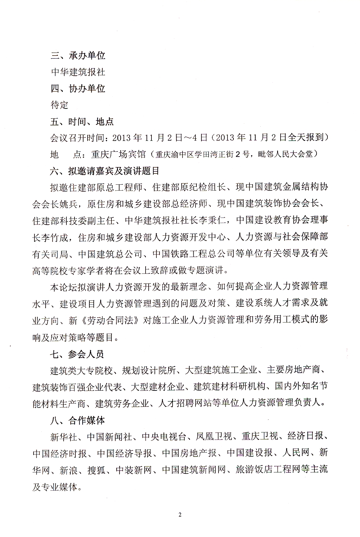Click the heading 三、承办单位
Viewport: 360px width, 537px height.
pos(78,56)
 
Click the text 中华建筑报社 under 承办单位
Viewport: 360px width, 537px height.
pos(78,72)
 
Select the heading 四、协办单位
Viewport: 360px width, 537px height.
pos(78,88)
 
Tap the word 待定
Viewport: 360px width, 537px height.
pos(59,105)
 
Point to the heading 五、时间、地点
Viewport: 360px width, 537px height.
pos(82,121)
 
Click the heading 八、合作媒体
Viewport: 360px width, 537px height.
pos(78,420)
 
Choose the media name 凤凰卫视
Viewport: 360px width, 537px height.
pos(214,437)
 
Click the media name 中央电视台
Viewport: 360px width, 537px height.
pos(164,437)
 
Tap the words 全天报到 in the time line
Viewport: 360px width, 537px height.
pos(306,138)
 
